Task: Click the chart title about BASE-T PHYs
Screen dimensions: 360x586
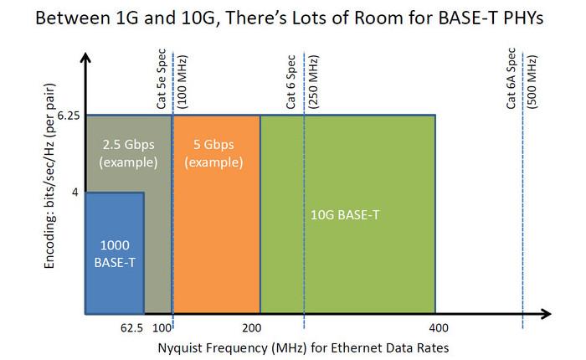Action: pyautogui.click(x=293, y=18)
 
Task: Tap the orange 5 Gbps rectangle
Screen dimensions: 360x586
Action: pyautogui.click(x=216, y=214)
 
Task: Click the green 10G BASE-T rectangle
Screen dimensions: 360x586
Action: pyautogui.click(x=347, y=214)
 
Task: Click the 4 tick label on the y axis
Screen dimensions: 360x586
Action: pyautogui.click(x=75, y=193)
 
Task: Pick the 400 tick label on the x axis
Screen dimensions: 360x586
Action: pyautogui.click(x=434, y=328)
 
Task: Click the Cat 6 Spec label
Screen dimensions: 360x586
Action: pyautogui.click(x=290, y=84)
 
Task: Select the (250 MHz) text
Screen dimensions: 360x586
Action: pyautogui.click(x=313, y=81)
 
